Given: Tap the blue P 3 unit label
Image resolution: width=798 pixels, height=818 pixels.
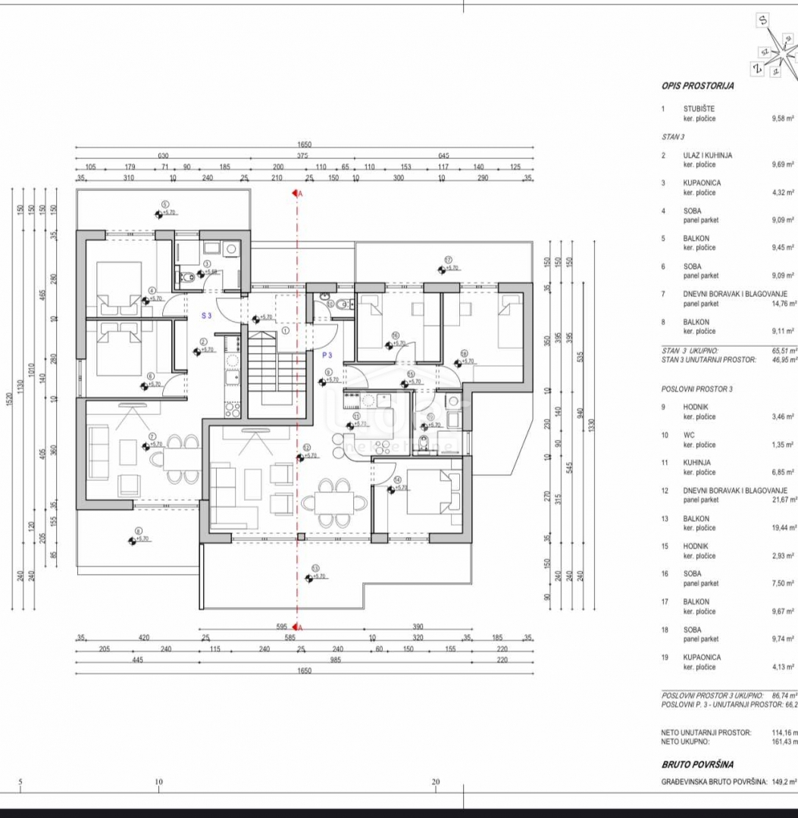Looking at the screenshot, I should pyautogui.click(x=327, y=354).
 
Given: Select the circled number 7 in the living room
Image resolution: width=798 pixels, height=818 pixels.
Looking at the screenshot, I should pyautogui.click(x=152, y=437).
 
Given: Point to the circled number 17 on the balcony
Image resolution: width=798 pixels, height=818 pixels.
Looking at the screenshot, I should pyautogui.click(x=448, y=259).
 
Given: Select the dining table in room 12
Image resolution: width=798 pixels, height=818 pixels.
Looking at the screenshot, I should pyautogui.click(x=327, y=502).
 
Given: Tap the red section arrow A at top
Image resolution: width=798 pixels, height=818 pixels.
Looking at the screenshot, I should pyautogui.click(x=296, y=194).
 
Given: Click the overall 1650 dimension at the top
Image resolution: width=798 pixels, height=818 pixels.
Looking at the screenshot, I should pyautogui.click(x=304, y=144).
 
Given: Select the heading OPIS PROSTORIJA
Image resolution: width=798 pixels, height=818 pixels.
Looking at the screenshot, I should pyautogui.click(x=697, y=86).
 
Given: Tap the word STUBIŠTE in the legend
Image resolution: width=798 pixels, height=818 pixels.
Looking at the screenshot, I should pyautogui.click(x=699, y=109).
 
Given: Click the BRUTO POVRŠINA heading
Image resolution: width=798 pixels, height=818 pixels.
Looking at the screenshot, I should pyautogui.click(x=697, y=765).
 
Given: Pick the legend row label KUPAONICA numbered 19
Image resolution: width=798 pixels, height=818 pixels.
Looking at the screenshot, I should pyautogui.click(x=702, y=657).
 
